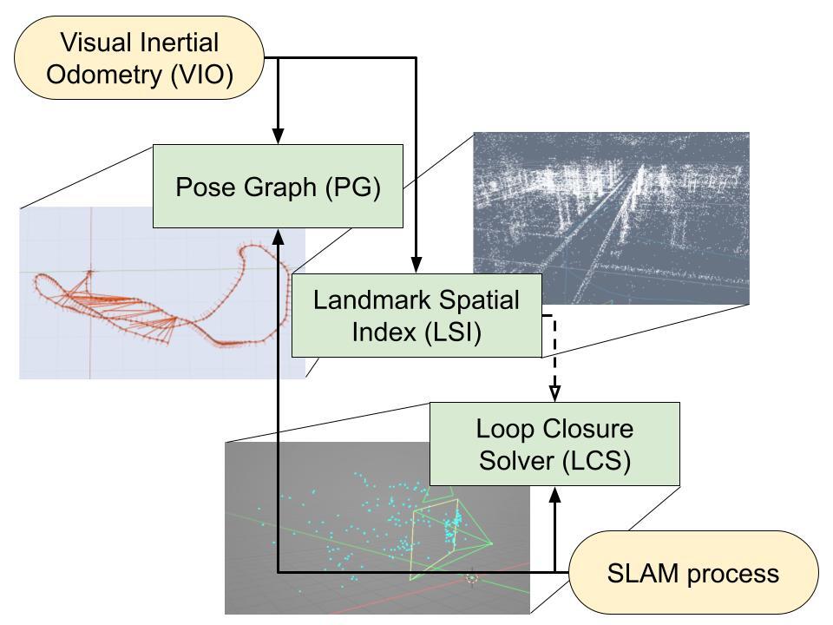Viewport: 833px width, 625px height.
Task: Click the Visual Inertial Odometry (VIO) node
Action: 139,57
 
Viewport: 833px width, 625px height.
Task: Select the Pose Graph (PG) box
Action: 278,187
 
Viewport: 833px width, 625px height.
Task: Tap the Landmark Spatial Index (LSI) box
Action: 416,316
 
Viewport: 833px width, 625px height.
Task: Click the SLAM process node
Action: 693,573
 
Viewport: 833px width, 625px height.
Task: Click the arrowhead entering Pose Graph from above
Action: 278,136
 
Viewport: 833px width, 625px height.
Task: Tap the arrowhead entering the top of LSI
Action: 416,266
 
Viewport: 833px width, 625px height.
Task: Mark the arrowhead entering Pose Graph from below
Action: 278,236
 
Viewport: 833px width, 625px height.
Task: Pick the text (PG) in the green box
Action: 354,187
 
